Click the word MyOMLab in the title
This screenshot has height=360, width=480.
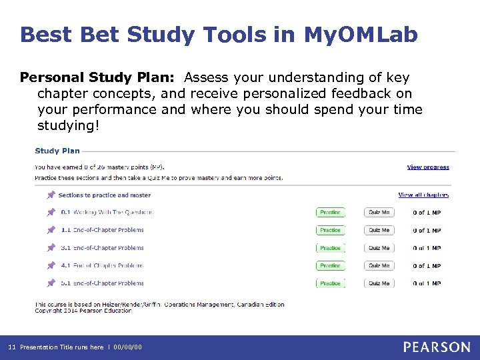pyautogui.click(x=361, y=35)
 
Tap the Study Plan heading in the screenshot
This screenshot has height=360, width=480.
pyautogui.click(x=57, y=151)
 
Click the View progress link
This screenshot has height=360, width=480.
pyautogui.click(x=428, y=167)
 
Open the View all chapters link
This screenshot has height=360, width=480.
pyautogui.click(x=423, y=195)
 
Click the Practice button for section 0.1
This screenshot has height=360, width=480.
pyautogui.click(x=330, y=213)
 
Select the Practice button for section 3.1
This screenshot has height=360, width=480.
pyautogui.click(x=330, y=248)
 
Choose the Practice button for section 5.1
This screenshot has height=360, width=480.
pyautogui.click(x=330, y=283)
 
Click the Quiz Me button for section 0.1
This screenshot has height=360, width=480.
pyautogui.click(x=379, y=213)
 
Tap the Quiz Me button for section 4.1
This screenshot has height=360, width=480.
pyautogui.click(x=379, y=265)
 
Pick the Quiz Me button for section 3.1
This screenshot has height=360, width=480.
pyautogui.click(x=379, y=248)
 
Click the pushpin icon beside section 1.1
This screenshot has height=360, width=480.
pyautogui.click(x=51, y=230)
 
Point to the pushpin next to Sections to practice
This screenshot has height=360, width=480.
pyautogui.click(x=51, y=195)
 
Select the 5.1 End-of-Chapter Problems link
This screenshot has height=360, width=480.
pyautogui.click(x=102, y=283)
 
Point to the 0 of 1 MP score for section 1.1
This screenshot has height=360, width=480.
pyautogui.click(x=426, y=231)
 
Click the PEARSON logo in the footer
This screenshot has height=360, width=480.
pyautogui.click(x=437, y=347)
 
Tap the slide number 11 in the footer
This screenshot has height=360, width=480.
pyautogui.click(x=11, y=347)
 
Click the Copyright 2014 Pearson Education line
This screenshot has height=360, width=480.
pyautogui.click(x=74, y=311)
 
